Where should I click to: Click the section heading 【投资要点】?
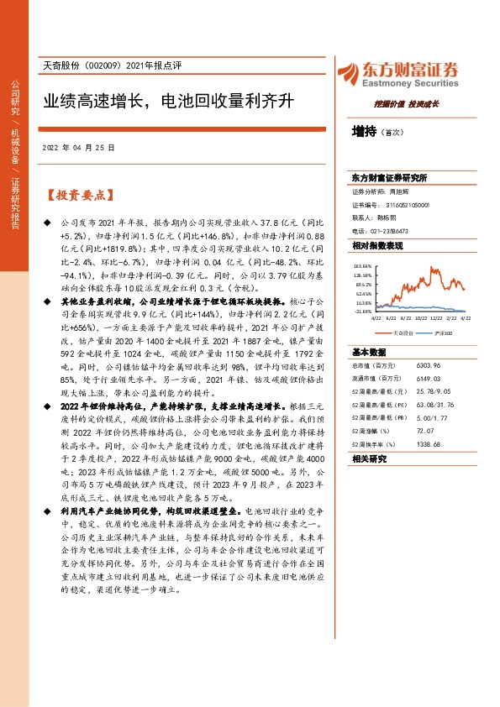[x=79, y=196]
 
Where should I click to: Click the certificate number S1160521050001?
[x=407, y=204]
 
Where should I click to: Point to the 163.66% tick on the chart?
[x=363, y=264]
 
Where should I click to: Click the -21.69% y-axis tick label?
[x=363, y=311]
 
